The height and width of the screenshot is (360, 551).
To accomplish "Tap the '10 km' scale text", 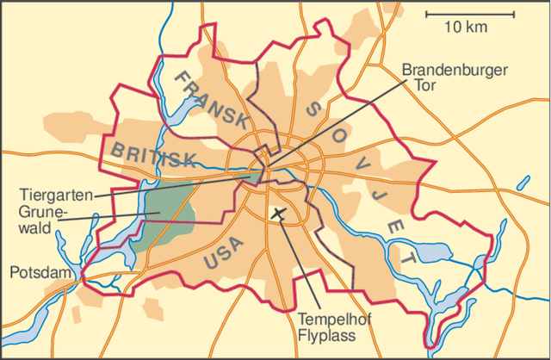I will coord(466,28).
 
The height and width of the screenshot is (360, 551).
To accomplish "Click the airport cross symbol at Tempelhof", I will coord(278,213).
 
